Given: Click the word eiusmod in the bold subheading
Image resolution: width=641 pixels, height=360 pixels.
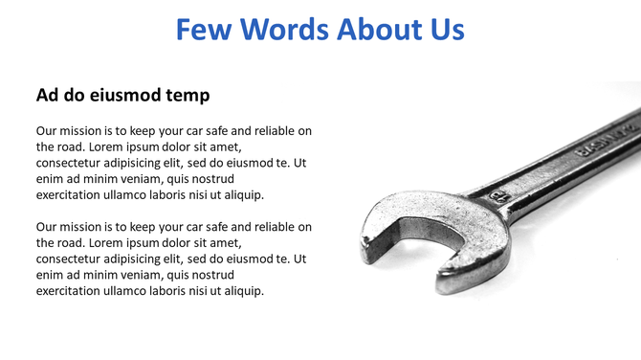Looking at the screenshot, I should click(x=128, y=96).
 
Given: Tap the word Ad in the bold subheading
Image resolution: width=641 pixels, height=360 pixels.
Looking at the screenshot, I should click(x=48, y=96).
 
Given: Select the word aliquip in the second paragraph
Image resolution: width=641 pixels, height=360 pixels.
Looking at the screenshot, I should click(x=240, y=291).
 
